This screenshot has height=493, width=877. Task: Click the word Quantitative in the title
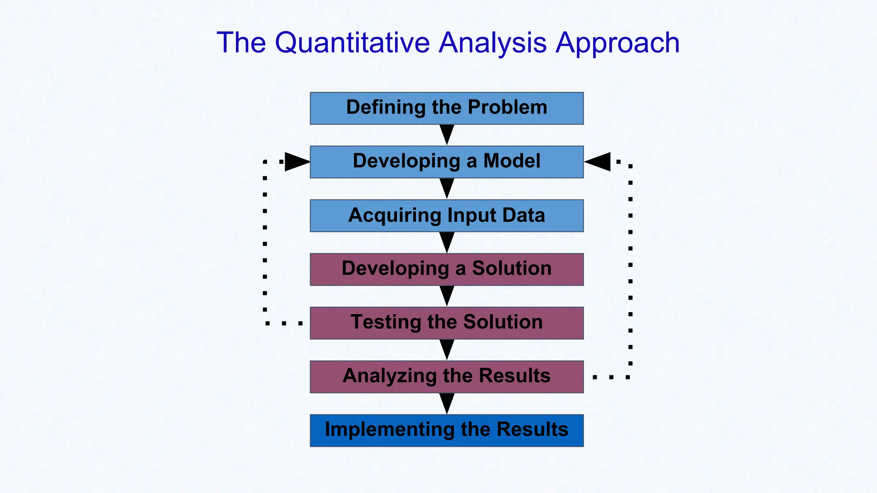pos(352,43)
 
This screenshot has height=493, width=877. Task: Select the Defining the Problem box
pos(447,108)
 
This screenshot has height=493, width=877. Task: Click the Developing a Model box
pos(447,162)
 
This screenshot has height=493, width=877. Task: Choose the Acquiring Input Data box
pos(447,216)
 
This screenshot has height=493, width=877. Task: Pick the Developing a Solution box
pos(447,269)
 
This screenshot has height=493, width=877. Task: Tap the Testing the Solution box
pos(447,323)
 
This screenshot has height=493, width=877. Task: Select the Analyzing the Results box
pos(447,377)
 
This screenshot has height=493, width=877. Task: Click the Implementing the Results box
pos(447,431)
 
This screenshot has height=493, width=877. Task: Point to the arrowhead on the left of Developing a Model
pos(296,162)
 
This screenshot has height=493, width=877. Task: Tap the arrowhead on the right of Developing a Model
pos(598,162)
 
